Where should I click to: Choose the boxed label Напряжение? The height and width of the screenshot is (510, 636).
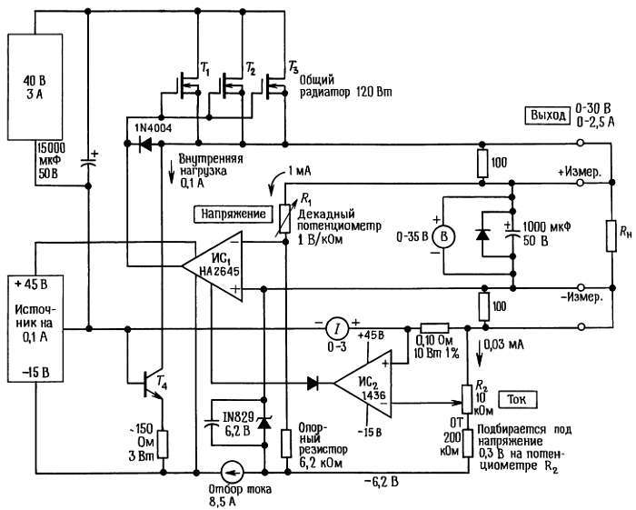(234, 215)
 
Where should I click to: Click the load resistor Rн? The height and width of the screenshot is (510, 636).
(611, 239)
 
